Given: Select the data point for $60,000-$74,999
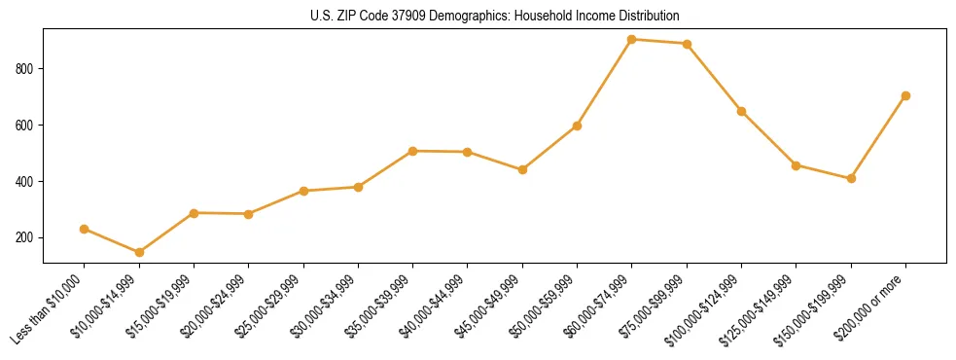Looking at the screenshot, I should [632, 40].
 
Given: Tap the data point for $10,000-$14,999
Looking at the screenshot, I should [139, 252].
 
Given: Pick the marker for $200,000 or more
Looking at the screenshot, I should [905, 95].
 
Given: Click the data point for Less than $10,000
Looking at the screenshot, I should [85, 229].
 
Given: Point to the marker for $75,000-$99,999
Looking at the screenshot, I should [687, 44].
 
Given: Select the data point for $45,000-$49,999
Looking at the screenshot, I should [522, 169].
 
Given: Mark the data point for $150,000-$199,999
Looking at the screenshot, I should [851, 178].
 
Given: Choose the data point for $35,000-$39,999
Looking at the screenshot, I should [413, 151].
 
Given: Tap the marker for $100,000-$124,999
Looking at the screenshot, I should [741, 111].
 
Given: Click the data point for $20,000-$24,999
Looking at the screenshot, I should [249, 214].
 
